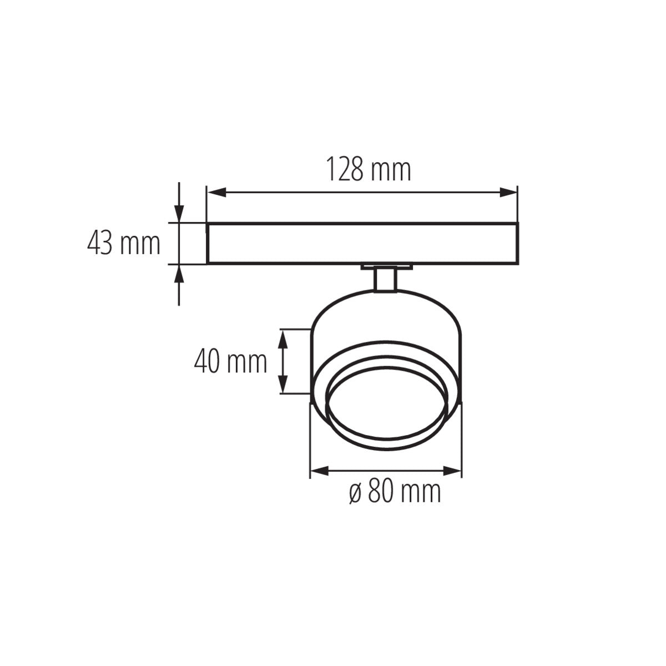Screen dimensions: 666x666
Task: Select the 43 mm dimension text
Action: coord(124,244)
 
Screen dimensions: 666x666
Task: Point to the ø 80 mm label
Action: coord(395,492)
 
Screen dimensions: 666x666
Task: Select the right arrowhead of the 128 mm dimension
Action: coord(508,193)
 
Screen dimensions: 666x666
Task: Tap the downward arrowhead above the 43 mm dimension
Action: coord(179,213)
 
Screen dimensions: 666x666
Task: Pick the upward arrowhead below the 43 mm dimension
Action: coord(179,274)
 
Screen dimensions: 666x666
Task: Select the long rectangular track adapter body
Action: coord(362,244)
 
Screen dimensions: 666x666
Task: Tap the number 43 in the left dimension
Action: coord(100,244)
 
